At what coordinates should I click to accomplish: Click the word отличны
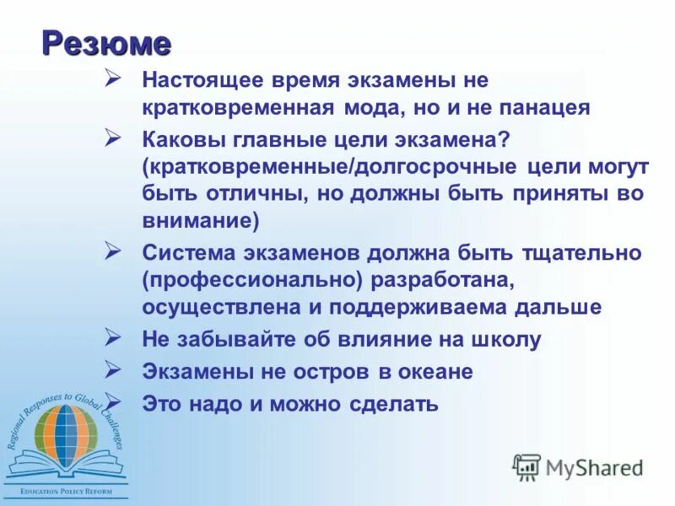(x=251, y=193)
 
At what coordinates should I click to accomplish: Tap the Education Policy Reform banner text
(x=65, y=489)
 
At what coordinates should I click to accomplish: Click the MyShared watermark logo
(x=579, y=466)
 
